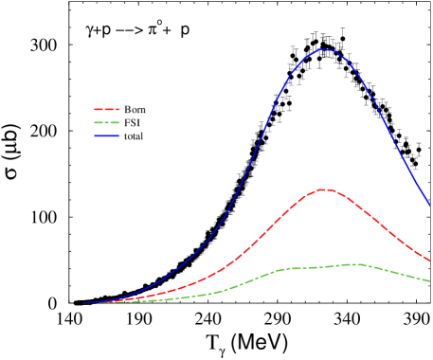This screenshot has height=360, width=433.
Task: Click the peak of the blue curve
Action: click(325, 49)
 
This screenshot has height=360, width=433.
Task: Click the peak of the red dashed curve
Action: click(325, 189)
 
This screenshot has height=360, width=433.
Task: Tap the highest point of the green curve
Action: click(352, 264)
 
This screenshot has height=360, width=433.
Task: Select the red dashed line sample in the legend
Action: click(107, 110)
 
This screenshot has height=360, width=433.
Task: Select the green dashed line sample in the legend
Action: click(107, 123)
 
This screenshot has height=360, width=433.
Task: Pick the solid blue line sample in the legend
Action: click(107, 136)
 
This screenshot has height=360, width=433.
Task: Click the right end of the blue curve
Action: click(430, 205)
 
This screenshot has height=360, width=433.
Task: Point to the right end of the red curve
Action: click(430, 261)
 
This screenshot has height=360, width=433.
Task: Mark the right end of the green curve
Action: click(430, 280)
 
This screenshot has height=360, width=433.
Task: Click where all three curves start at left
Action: click(83, 303)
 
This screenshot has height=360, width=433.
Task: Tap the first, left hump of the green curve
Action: click(288, 269)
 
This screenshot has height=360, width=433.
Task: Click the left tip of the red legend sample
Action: click(95, 110)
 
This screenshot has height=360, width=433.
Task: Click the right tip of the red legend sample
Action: click(120, 110)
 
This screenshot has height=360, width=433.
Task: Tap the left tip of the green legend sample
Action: click(95, 123)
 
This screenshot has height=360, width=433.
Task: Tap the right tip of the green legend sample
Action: click(120, 123)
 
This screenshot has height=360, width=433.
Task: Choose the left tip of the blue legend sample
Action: click(95, 136)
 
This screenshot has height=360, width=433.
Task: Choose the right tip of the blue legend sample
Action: click(120, 136)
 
